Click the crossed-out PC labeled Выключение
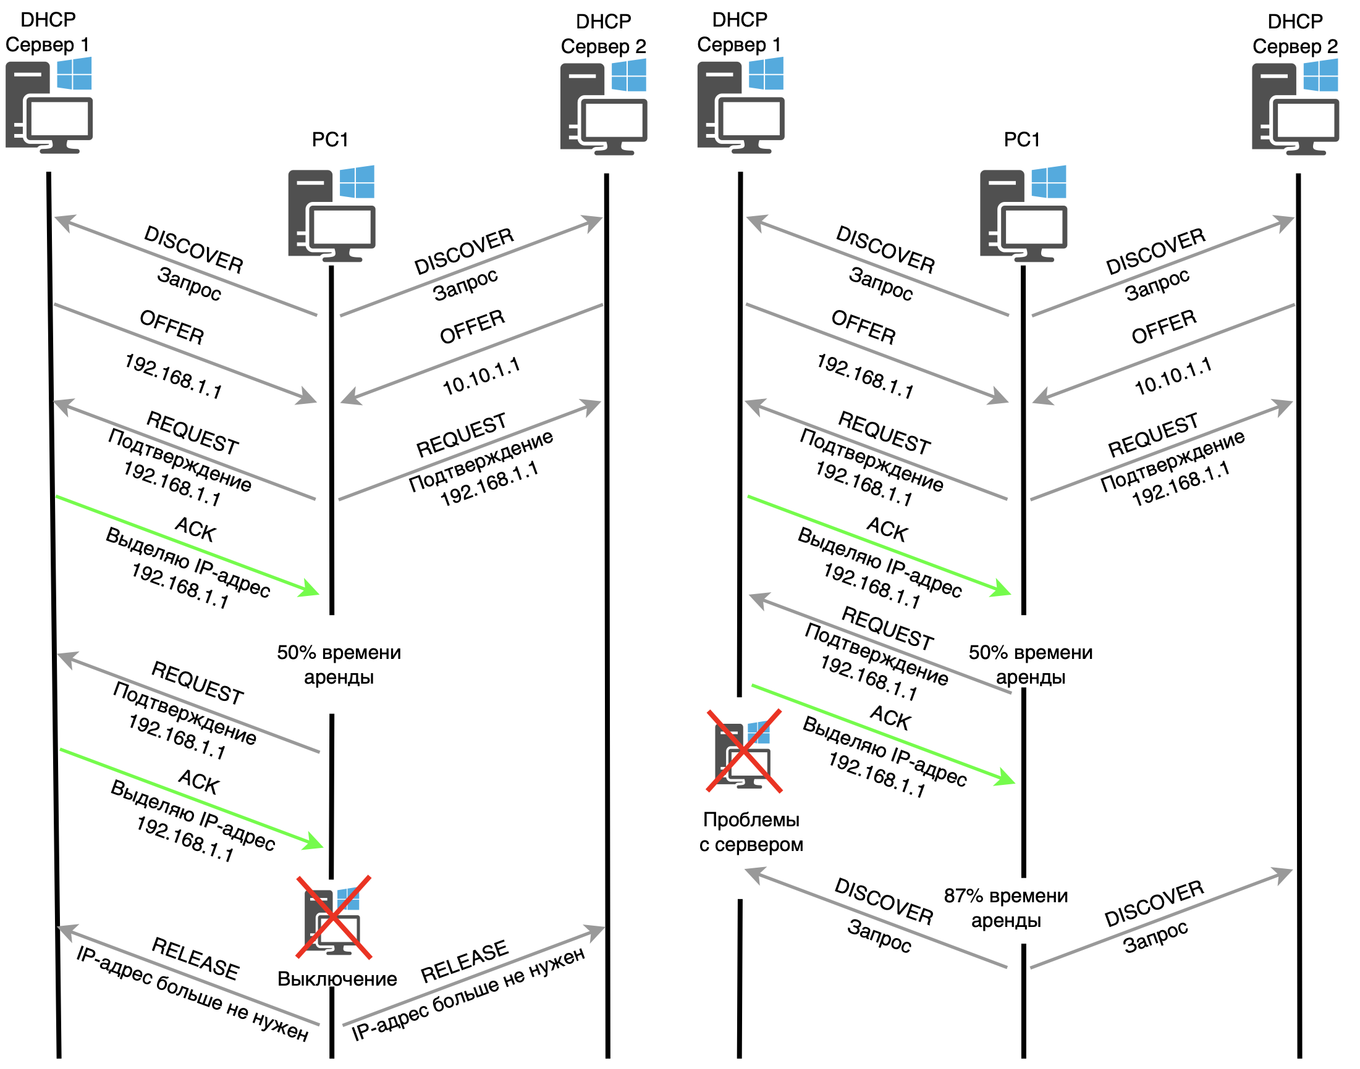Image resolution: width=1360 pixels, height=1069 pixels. click(x=333, y=918)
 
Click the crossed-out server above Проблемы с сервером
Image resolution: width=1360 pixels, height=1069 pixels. click(x=744, y=750)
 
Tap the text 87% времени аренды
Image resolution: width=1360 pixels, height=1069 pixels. click(x=1005, y=908)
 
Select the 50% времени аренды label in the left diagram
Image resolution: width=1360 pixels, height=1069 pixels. click(x=339, y=664)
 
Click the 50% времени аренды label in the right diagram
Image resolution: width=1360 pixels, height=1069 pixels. click(x=1030, y=664)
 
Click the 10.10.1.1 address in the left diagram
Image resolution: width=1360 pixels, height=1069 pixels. click(x=481, y=376)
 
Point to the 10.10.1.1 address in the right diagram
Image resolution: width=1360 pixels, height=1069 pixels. click(x=1173, y=376)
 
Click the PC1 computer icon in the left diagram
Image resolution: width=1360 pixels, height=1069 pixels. click(x=331, y=214)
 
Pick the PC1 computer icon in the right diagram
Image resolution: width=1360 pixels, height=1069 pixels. click(x=1023, y=214)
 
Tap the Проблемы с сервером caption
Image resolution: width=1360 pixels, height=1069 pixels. click(x=751, y=832)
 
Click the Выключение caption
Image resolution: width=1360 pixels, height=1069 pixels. click(x=337, y=979)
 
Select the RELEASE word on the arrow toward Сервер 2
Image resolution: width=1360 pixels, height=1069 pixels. click(x=464, y=962)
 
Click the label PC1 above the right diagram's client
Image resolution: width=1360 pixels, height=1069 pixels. click(x=1022, y=139)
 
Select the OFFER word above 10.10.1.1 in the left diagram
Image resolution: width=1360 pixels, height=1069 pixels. click(x=472, y=327)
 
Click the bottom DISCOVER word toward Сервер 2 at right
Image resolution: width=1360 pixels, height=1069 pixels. click(x=1154, y=903)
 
